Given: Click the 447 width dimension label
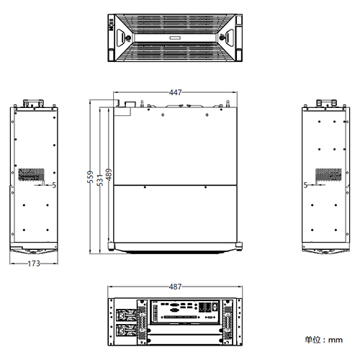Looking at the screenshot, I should [x=175, y=92].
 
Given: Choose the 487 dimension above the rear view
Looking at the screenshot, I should [x=175, y=287].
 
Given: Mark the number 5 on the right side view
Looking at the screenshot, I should [x=306, y=185].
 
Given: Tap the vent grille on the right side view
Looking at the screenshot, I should [x=330, y=175].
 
